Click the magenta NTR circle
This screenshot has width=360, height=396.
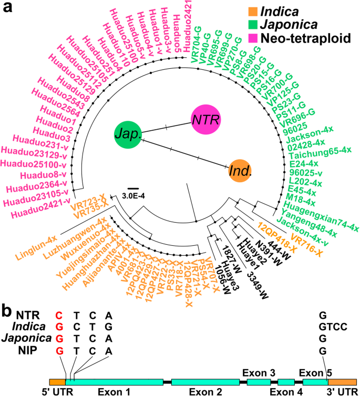click(204, 119)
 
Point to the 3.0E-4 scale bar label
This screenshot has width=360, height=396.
click(135, 195)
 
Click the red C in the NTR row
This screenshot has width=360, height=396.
click(59, 315)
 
